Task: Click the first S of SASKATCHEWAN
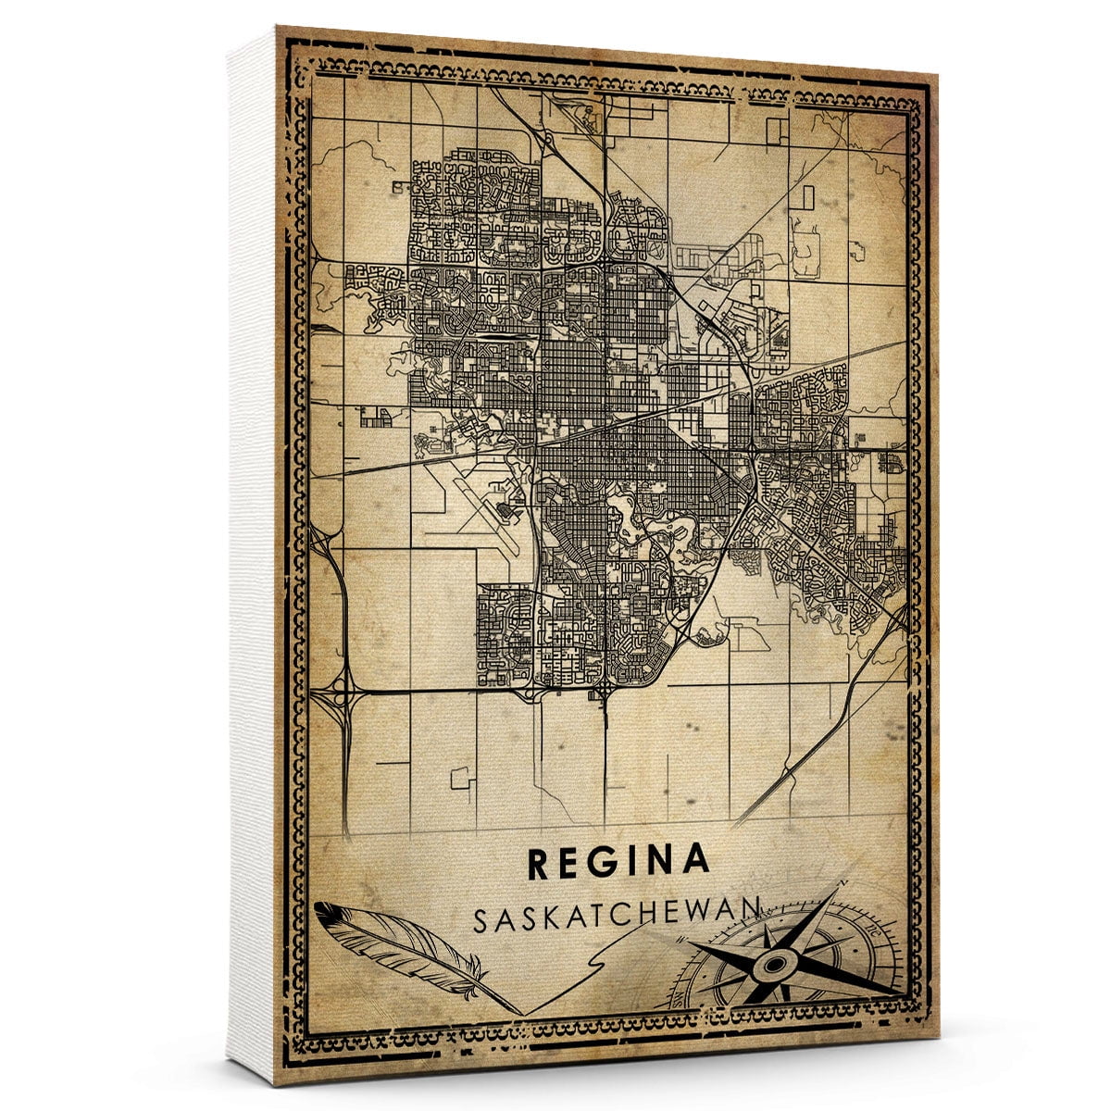(x=481, y=922)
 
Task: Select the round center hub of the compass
(x=770, y=967)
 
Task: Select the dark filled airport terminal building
(x=506, y=507)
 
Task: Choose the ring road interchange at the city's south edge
(x=603, y=690)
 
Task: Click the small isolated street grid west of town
(x=377, y=418)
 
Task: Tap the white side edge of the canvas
(x=250, y=555)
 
